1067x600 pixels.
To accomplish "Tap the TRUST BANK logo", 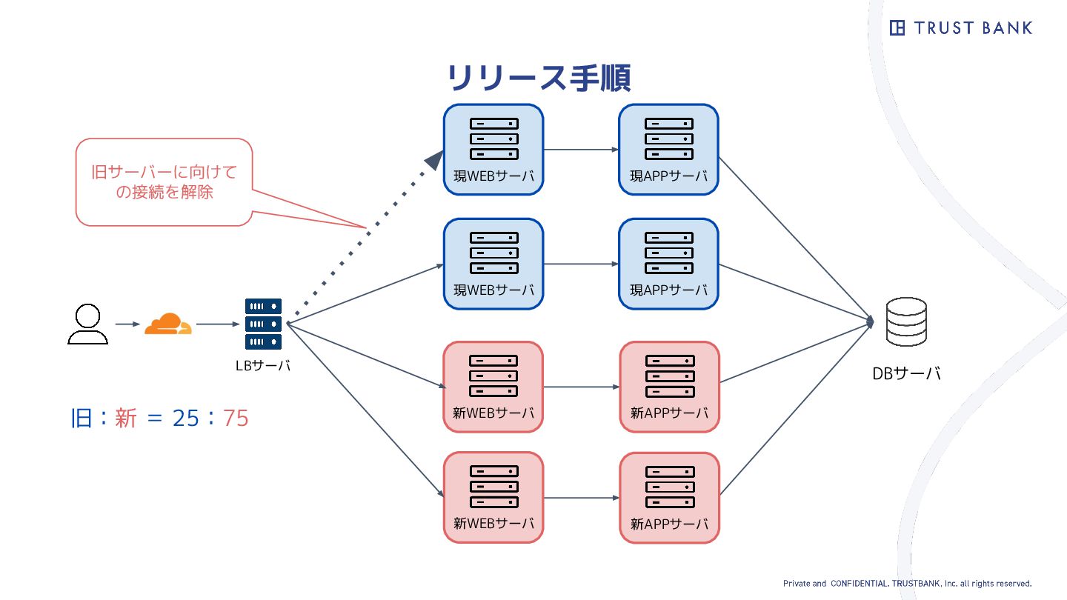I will tap(960, 28).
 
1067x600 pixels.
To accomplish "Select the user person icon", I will tap(87, 324).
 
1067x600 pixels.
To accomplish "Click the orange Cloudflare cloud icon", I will tap(167, 324).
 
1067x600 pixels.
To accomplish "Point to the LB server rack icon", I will tap(264, 324).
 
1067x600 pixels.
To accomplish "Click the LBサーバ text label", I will tap(263, 364).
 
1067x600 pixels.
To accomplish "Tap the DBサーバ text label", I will tap(906, 373).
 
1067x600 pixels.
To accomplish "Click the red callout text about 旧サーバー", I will tap(164, 182).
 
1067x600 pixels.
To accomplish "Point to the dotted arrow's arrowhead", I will tap(433, 159).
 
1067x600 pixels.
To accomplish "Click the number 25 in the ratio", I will tap(185, 419).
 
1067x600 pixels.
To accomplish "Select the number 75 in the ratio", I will tap(236, 419).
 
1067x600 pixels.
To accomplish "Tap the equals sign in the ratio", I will tap(154, 419).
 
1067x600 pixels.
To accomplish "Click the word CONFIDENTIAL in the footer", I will tap(860, 584).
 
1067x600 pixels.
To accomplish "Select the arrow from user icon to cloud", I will tap(127, 324).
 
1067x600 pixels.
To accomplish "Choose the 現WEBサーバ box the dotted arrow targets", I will tap(493, 150).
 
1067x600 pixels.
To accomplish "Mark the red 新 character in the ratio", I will tap(125, 419).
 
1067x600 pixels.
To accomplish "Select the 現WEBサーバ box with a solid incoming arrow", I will tap(493, 264).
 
